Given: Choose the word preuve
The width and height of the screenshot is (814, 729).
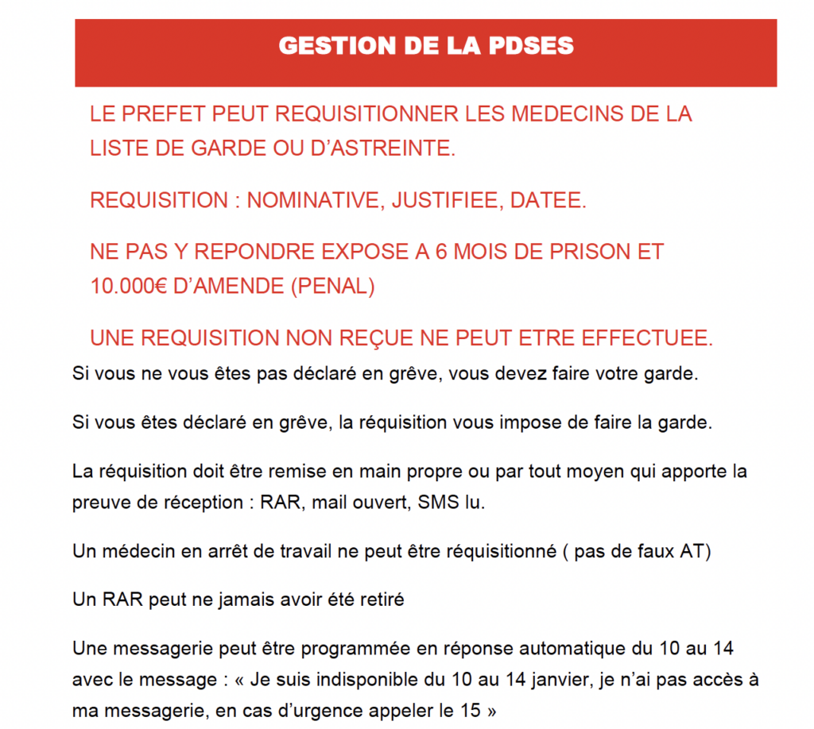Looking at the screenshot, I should [98, 504].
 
